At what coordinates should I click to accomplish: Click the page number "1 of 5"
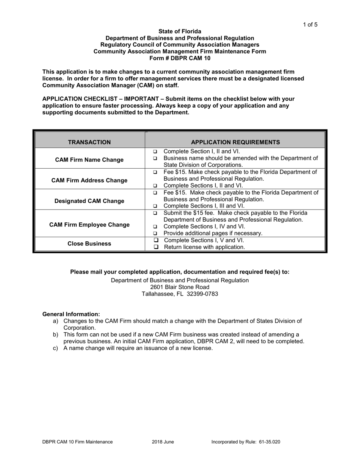(310, 25)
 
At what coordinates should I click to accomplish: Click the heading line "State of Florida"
(180, 31)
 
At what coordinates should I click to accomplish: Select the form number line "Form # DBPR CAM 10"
(180, 58)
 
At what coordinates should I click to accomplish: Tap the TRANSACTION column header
(89, 142)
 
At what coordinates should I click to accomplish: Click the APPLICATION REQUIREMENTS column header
(235, 142)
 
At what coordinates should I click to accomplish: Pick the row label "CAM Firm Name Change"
(89, 160)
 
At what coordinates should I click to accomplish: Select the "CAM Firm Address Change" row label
(89, 180)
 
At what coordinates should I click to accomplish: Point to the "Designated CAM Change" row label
(89, 201)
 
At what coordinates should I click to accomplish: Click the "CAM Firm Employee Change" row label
(89, 225)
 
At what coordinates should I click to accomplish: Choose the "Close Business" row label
(89, 244)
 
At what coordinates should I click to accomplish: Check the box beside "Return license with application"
(155, 247)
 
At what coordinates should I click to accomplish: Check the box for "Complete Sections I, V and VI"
(155, 241)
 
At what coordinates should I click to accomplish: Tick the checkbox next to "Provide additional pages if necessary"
(155, 234)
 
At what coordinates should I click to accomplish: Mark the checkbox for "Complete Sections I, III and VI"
(155, 206)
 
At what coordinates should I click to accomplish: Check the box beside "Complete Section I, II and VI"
(155, 152)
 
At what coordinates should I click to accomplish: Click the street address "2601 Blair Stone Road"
(180, 287)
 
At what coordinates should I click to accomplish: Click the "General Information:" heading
(71, 314)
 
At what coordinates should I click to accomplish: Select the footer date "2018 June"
(163, 442)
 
